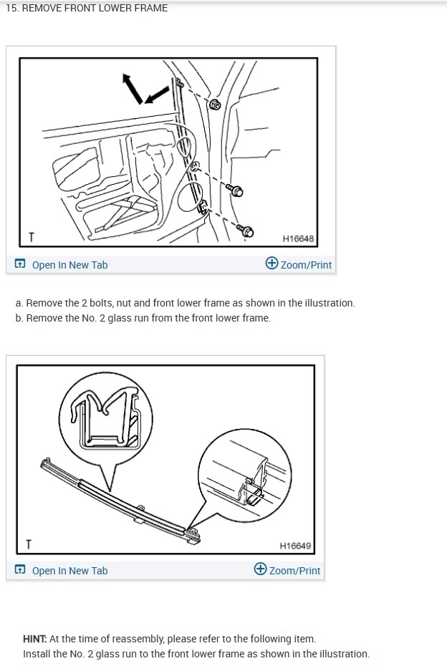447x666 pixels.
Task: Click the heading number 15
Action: click(12, 8)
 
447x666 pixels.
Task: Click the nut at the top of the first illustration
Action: click(215, 105)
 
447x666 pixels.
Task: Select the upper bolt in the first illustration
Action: click(234, 190)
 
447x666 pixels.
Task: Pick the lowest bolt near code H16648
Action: click(245, 231)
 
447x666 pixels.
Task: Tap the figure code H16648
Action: click(298, 238)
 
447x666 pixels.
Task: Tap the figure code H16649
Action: click(295, 546)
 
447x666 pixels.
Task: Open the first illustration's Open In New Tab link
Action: click(69, 265)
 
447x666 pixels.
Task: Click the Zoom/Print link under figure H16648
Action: click(306, 265)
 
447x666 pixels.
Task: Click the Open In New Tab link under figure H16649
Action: click(69, 571)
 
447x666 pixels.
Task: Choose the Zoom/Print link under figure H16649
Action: click(294, 571)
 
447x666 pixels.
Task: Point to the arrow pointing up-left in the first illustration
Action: click(132, 88)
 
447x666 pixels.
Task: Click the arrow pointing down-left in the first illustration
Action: click(156, 95)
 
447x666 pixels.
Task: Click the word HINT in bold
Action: click(35, 639)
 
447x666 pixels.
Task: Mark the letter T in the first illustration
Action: click(32, 238)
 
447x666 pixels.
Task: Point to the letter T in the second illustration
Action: click(29, 544)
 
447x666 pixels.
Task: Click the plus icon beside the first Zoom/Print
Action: click(271, 263)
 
